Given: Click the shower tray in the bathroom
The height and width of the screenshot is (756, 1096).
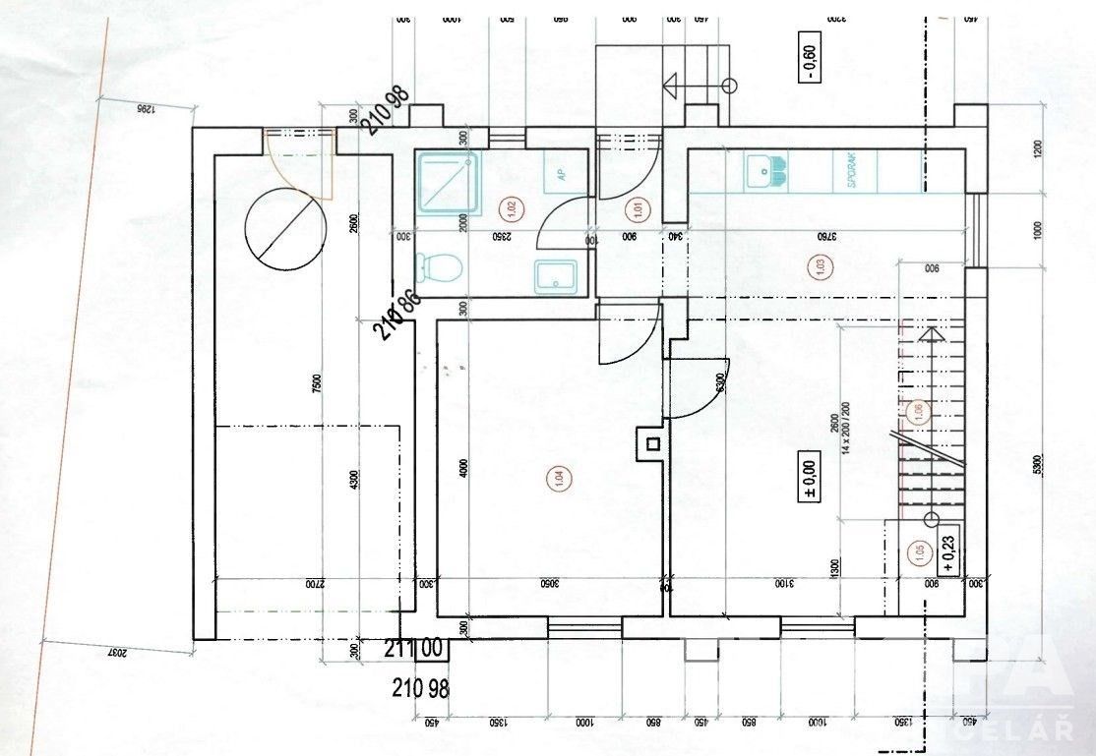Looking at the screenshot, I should [x=449, y=183].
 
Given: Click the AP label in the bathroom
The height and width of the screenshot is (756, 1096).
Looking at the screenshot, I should [x=561, y=175].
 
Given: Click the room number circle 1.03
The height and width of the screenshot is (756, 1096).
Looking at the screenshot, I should [x=816, y=264].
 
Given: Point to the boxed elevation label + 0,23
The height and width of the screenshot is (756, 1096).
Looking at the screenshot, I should [x=948, y=550].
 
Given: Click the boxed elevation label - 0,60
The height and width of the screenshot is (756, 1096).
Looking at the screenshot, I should [x=809, y=61].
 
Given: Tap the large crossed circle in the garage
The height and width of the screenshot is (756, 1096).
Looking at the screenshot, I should [x=285, y=225].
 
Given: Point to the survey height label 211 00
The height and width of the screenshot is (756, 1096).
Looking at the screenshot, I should [x=414, y=649].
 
